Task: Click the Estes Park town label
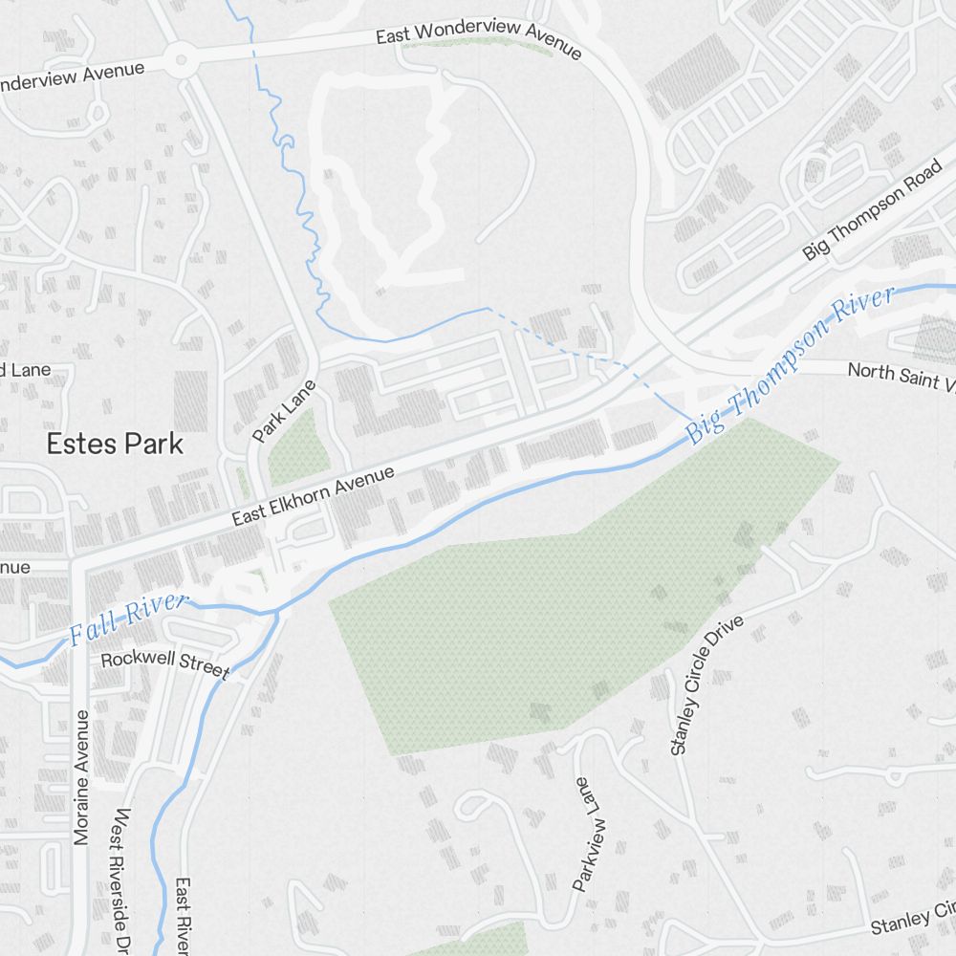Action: [115, 444]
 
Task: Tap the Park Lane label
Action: [283, 411]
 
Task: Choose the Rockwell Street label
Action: [164, 663]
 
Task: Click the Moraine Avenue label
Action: [81, 776]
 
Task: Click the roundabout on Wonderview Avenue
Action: [179, 62]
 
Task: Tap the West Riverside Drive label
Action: [122, 880]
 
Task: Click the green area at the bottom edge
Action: [478, 941]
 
